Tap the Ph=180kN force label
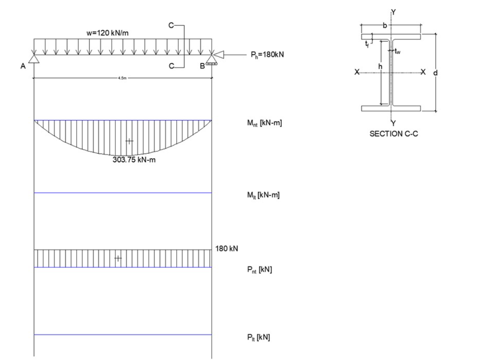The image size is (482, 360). click(x=267, y=55)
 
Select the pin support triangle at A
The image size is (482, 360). click(x=34, y=58)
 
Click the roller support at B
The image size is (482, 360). click(x=211, y=59)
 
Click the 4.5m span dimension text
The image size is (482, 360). click(x=122, y=78)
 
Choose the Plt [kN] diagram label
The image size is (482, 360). click(x=258, y=338)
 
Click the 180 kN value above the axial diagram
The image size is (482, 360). click(x=226, y=249)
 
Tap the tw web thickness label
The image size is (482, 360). click(x=397, y=51)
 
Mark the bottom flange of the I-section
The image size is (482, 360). click(x=391, y=109)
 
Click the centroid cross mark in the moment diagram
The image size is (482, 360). click(x=129, y=141)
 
